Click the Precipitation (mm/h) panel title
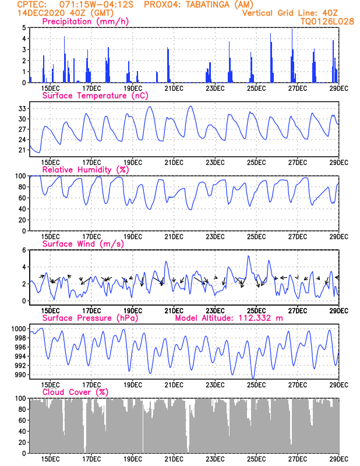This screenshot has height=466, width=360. [x=86, y=22]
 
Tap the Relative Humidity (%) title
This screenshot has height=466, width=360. [x=85, y=170]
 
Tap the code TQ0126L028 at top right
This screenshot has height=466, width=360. [x=327, y=21]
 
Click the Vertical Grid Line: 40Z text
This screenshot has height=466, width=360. [x=290, y=13]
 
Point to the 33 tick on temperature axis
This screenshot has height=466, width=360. [x=23, y=109]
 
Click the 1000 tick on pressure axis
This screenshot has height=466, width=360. [x=19, y=329]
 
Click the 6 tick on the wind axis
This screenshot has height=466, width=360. [x=24, y=250]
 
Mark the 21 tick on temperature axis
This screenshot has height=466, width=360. [x=23, y=150]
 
